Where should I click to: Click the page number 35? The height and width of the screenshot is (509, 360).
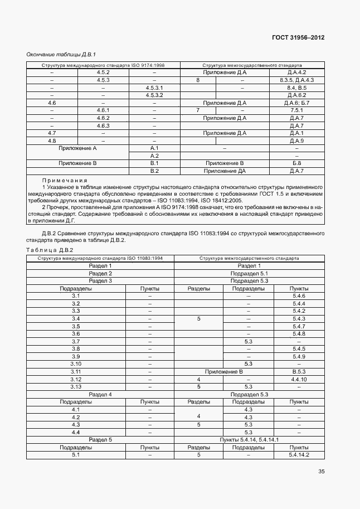point(322,472)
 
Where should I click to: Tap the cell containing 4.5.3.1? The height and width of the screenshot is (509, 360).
point(154,88)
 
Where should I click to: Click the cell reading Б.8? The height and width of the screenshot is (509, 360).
point(297,163)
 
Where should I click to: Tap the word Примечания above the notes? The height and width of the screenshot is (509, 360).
point(65,180)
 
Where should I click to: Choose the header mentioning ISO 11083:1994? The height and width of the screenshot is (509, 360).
point(100,258)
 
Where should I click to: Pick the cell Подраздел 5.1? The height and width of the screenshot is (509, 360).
point(249,274)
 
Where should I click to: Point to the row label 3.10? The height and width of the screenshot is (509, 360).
point(76,364)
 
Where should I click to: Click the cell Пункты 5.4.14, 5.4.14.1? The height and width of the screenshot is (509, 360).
point(249,440)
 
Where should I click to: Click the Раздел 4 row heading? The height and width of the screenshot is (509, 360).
point(100,394)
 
